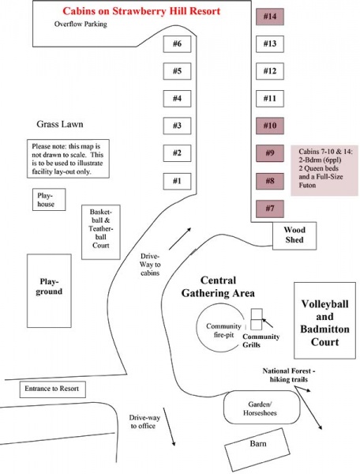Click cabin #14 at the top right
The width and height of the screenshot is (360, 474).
[270, 17]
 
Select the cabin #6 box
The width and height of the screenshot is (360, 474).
[177, 44]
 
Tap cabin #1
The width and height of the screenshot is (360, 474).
[177, 182]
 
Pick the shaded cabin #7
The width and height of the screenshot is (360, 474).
[270, 209]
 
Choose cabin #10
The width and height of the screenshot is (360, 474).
[270, 126]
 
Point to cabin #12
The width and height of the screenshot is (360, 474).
[270, 71]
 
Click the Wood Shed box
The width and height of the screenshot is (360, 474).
[294, 235]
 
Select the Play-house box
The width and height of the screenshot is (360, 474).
[49, 200]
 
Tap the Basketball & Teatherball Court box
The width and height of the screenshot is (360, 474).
[101, 232]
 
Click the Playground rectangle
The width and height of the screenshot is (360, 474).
[49, 291]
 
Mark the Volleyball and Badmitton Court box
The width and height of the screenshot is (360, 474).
[325, 321]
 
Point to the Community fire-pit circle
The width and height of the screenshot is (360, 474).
[197, 328]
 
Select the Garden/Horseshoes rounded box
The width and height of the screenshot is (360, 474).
[262, 407]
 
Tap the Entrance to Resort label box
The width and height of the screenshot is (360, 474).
[53, 389]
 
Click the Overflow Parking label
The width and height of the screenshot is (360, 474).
[81, 24]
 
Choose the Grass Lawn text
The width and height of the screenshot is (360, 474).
[60, 124]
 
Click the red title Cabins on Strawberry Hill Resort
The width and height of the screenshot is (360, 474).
[141, 11]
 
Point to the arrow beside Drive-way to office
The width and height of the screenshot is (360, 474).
[169, 427]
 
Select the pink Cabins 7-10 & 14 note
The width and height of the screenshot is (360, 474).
[324, 171]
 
